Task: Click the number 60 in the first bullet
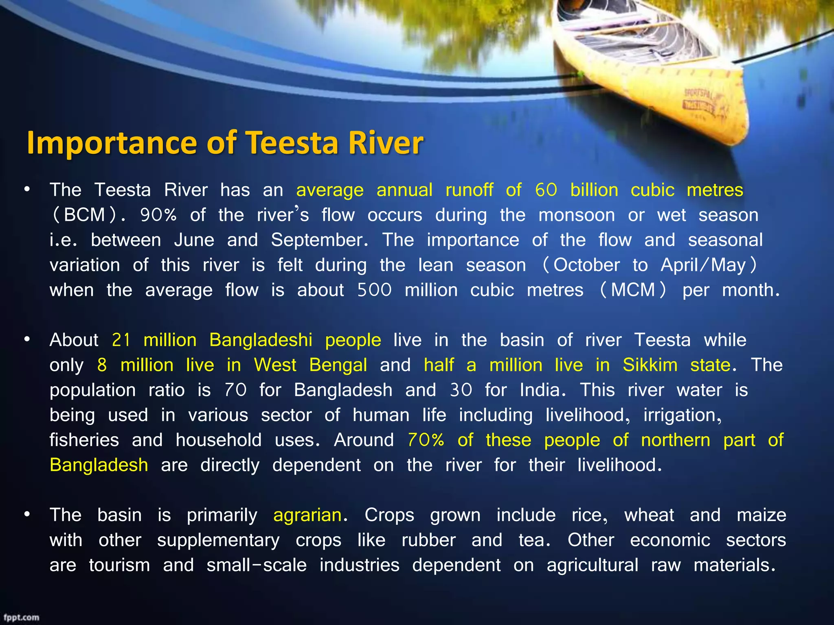(x=546, y=190)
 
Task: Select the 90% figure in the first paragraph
(x=158, y=215)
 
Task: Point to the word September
(x=319, y=240)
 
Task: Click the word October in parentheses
(x=586, y=265)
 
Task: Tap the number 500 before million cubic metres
(x=374, y=290)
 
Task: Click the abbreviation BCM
(x=85, y=215)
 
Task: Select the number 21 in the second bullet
(x=121, y=340)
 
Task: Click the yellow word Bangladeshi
(x=261, y=340)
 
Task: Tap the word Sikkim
(x=650, y=365)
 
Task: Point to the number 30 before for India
(x=461, y=390)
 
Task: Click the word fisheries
(x=84, y=440)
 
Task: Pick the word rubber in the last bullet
(x=428, y=540)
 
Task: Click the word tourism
(x=119, y=565)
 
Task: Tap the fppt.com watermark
(x=22, y=617)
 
